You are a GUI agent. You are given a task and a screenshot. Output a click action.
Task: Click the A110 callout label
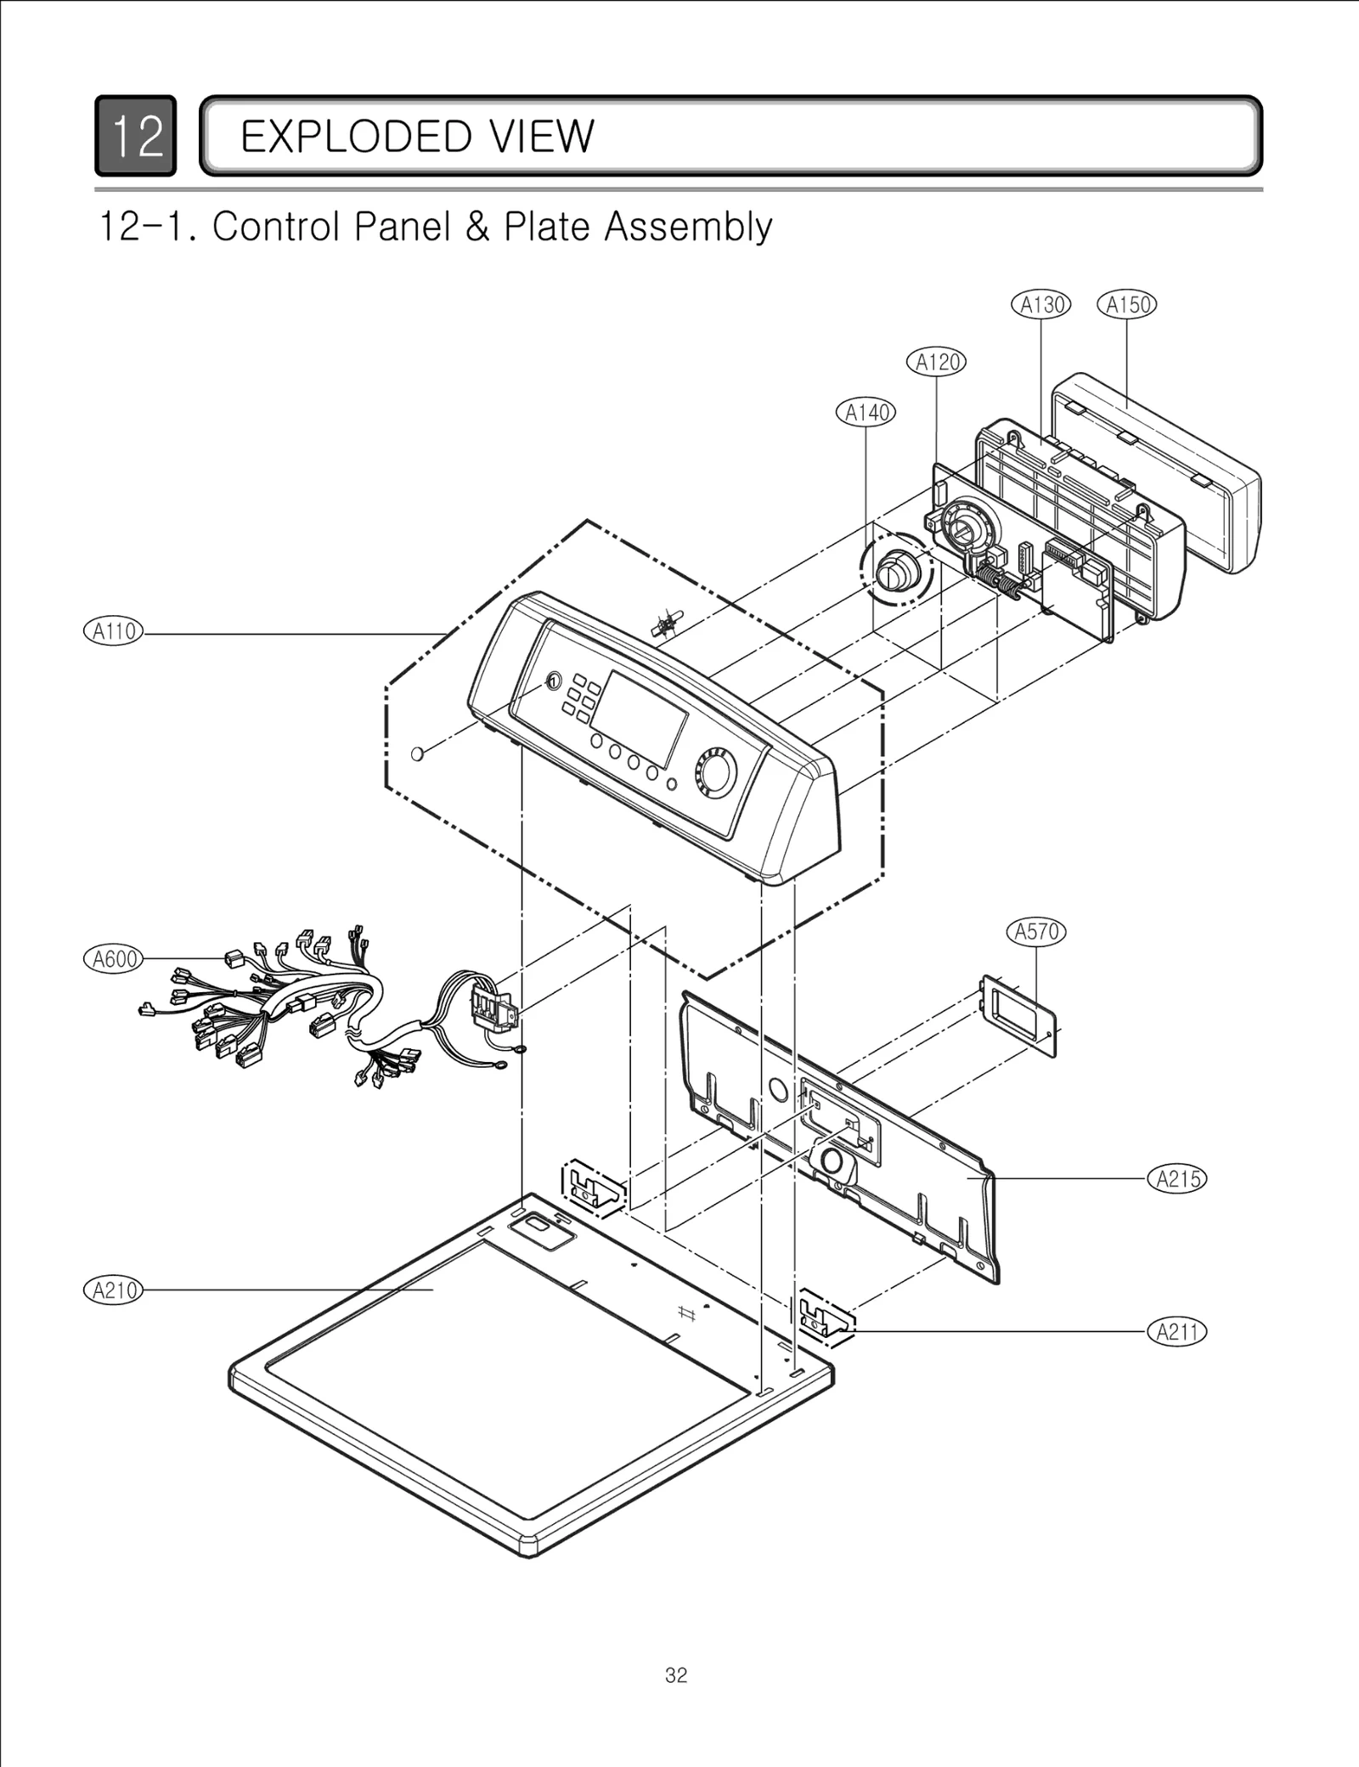click(x=114, y=632)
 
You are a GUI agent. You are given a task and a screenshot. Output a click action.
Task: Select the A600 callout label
click(x=114, y=959)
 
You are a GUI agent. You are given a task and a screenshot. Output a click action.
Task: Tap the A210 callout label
click(x=114, y=1290)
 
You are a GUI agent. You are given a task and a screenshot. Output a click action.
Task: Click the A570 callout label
click(x=1036, y=932)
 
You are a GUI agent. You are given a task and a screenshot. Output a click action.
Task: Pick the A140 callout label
click(x=866, y=413)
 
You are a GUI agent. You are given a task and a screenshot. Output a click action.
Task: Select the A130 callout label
click(x=1040, y=305)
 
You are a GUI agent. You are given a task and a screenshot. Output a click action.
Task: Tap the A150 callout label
click(x=1126, y=305)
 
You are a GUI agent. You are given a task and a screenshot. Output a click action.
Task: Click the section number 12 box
click(x=136, y=136)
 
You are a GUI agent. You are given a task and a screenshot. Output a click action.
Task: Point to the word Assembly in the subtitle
click(x=688, y=227)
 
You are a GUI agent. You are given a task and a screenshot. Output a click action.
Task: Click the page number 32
click(x=676, y=1676)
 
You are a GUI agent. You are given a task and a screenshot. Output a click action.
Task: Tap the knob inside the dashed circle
click(x=894, y=571)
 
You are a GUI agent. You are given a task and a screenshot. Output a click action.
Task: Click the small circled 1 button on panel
click(x=552, y=681)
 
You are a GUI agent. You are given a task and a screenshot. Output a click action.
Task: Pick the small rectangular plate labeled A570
click(x=1019, y=1016)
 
